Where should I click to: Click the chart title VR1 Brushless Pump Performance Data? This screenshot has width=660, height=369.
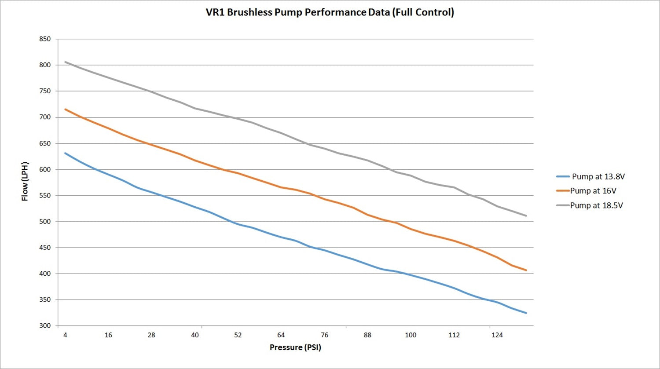coord(330,12)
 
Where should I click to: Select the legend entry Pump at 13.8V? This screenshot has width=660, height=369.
coord(598,177)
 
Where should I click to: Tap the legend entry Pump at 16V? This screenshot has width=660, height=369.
coord(593,191)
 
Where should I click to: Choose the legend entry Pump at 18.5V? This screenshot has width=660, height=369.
coord(596,205)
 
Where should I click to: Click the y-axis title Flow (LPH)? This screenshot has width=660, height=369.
coord(25,181)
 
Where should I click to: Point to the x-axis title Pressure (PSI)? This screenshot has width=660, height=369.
coord(295,347)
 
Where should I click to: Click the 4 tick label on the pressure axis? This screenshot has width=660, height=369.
coord(65,335)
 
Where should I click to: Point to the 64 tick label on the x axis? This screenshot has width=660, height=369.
coord(281,335)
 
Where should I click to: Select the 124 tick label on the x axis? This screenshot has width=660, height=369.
coord(497,335)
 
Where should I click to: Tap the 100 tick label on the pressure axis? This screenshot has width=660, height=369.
coord(411,335)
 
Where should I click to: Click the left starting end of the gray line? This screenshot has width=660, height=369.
coord(65,62)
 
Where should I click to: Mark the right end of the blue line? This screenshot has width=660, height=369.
coord(526,313)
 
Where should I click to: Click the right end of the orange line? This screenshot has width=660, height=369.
coord(526,270)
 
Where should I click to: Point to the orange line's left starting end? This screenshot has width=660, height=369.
coord(65,109)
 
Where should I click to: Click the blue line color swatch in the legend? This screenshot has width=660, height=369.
coord(563,177)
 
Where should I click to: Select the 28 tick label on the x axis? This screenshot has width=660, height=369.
coord(151,335)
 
